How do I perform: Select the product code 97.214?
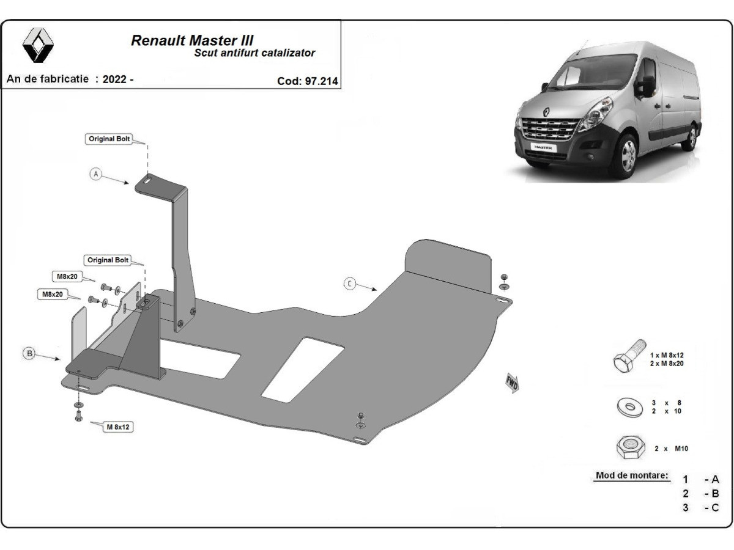click(321, 80)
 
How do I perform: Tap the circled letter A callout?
click(95, 174)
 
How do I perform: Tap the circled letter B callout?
click(28, 353)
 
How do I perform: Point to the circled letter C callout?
click(349, 284)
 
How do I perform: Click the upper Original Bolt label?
click(109, 139)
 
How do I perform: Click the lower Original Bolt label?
click(108, 260)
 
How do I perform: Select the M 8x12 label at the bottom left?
click(118, 427)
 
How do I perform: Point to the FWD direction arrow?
click(512, 383)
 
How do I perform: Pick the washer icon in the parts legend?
click(629, 406)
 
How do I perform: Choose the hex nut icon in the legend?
click(630, 447)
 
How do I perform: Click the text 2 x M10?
click(671, 449)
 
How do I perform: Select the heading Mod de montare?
click(632, 475)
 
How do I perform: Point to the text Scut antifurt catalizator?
click(254, 53)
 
